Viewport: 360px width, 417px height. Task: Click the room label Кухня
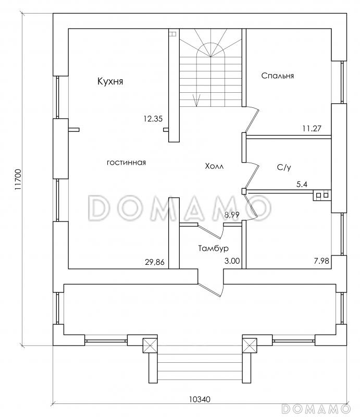(110, 81)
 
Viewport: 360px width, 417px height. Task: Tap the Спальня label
(277, 76)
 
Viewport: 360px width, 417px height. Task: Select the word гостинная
(126, 163)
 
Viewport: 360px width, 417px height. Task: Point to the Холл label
(214, 166)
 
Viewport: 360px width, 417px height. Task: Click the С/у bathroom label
(284, 167)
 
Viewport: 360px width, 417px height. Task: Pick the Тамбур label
(214, 249)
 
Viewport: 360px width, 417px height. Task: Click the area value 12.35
(153, 119)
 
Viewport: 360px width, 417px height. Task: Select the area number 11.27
(312, 128)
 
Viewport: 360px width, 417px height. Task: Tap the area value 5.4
(302, 185)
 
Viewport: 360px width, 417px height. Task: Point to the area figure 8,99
(232, 215)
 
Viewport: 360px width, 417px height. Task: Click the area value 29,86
(155, 262)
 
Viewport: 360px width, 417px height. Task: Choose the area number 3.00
(232, 261)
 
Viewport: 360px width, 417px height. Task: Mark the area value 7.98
(321, 261)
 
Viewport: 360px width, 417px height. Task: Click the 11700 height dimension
(18, 179)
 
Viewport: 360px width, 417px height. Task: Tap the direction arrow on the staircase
(196, 100)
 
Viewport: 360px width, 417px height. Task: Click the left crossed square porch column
(150, 346)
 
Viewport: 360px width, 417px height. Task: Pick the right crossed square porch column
(250, 346)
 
